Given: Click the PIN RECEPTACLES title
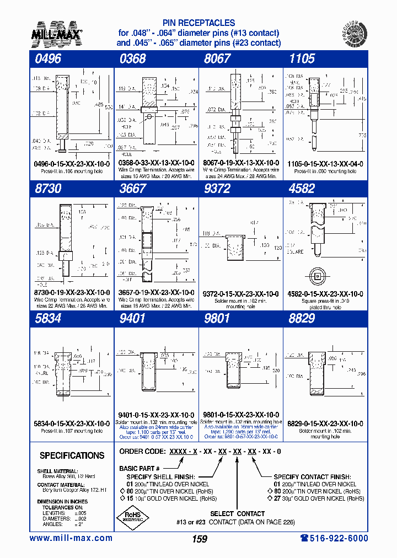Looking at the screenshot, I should tap(198, 23).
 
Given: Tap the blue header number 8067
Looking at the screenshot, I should tap(217, 59).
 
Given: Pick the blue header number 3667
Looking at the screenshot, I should tap(132, 189).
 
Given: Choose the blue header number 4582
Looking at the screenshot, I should tap(302, 189).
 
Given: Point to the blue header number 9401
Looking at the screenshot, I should tap(132, 319).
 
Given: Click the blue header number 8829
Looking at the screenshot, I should tap(302, 319).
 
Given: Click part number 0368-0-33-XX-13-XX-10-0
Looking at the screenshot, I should tap(156, 164).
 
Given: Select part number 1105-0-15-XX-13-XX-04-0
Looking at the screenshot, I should tap(325, 164).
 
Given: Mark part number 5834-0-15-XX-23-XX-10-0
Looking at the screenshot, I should tap(71, 423).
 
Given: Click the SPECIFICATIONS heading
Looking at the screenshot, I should tap(72, 455).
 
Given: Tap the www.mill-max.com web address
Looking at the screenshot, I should tap(71, 538).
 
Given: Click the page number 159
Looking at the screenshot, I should tap(199, 539).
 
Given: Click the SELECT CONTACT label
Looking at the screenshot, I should tap(238, 513).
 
